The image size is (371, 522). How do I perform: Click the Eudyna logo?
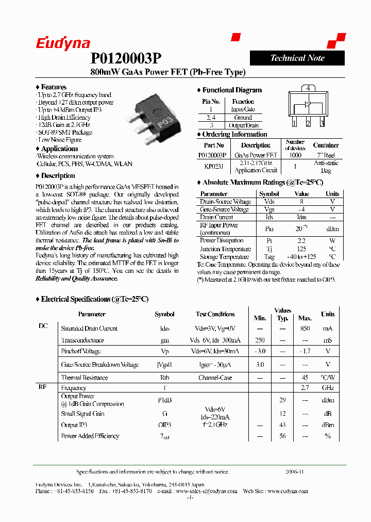click(x=63, y=44)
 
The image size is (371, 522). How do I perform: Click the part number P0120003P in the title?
click(x=126, y=58)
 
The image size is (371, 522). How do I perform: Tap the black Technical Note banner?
click(x=297, y=58)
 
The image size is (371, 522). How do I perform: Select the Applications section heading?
click(x=59, y=149)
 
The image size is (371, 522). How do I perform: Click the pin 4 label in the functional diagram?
click(x=308, y=88)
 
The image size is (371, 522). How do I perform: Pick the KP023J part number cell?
click(x=213, y=166)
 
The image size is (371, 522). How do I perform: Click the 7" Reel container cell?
click(x=326, y=155)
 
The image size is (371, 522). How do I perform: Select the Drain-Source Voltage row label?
click(x=225, y=202)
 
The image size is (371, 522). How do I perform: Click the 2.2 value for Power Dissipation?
click(x=301, y=240)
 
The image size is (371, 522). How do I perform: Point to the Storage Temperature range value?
click(x=301, y=256)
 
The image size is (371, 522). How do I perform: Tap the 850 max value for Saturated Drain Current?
click(x=305, y=329)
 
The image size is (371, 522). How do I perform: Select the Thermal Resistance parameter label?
click(x=85, y=378)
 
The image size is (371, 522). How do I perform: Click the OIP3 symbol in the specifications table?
click(x=164, y=425)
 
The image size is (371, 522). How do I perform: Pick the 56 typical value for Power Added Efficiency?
click(x=282, y=436)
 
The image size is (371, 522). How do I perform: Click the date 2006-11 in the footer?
click(x=295, y=471)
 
